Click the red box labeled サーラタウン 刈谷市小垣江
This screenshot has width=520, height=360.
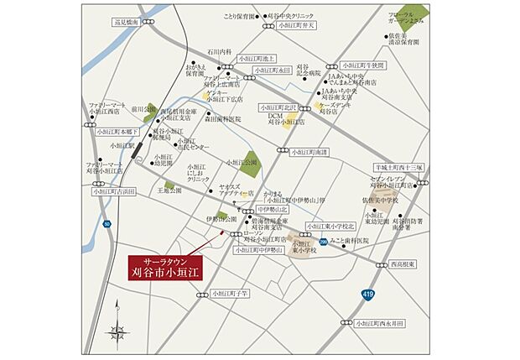click(166, 267)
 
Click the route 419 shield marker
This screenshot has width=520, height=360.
click(370, 295)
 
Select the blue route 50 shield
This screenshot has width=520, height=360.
click(107, 224)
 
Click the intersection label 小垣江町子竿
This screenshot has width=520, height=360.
click(232, 295)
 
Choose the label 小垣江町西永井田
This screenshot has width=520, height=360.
click(379, 322)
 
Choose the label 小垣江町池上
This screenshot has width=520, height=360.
click(256, 60)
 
